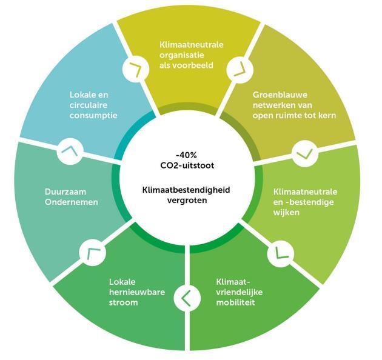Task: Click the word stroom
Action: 123,302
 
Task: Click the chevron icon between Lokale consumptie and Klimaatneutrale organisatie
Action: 135,70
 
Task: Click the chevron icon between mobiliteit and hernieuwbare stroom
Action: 186,298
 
